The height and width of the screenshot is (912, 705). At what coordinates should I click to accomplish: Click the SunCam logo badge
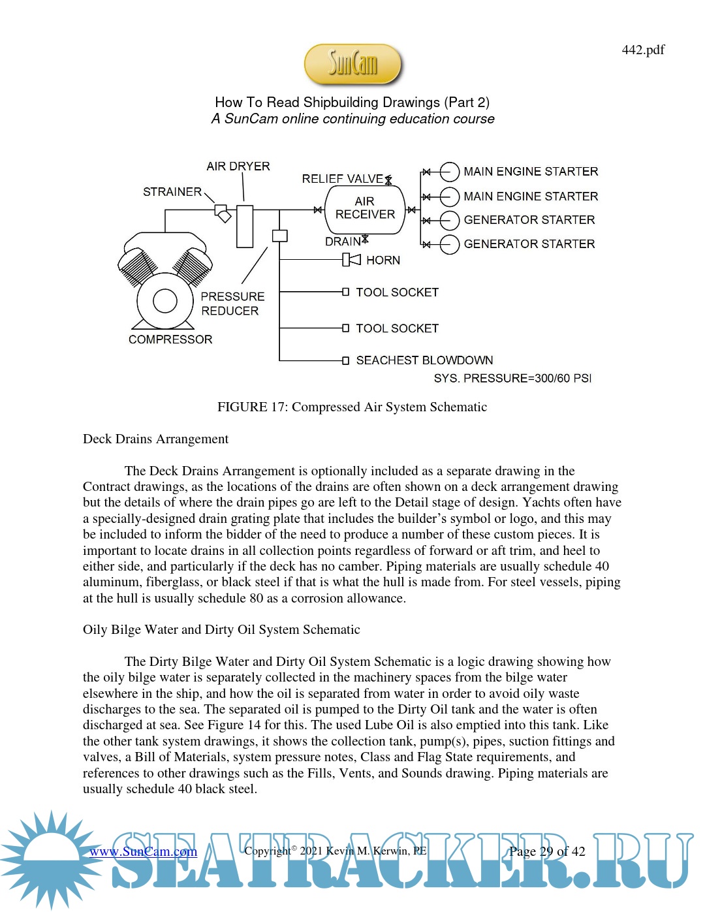[352, 64]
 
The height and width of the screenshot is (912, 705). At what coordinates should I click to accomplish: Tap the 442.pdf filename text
[643, 50]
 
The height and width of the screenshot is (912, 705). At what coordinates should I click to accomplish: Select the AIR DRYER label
[238, 166]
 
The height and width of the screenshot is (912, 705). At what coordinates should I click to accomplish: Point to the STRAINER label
[172, 192]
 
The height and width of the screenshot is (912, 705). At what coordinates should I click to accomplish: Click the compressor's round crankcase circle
[165, 301]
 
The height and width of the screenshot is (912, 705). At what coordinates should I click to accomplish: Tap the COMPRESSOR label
[170, 339]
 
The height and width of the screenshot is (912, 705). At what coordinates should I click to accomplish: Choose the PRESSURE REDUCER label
[232, 304]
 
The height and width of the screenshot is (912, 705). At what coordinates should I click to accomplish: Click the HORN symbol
[352, 260]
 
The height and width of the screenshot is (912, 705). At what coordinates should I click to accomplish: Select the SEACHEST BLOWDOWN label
[424, 360]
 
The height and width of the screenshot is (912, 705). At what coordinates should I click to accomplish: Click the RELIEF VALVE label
[342, 179]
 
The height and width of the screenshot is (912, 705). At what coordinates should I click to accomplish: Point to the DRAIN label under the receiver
[343, 242]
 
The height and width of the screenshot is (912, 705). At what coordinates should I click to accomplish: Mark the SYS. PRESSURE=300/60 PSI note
[512, 379]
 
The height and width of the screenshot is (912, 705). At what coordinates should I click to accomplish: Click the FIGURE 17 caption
[352, 407]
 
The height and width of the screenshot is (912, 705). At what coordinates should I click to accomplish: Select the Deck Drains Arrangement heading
[155, 439]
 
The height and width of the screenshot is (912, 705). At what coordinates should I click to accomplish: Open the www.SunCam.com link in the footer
[143, 852]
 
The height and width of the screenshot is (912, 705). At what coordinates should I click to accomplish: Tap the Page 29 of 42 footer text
[547, 851]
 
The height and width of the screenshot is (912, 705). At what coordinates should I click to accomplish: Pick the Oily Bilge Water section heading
[221, 630]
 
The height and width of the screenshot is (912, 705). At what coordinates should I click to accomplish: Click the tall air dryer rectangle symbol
[245, 227]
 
